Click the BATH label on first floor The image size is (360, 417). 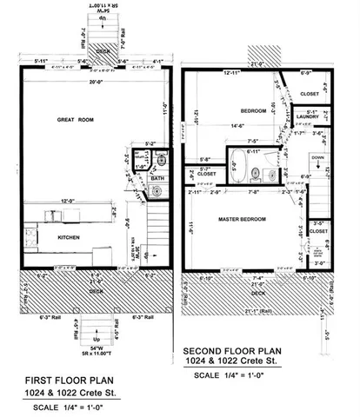click(x=157, y=177)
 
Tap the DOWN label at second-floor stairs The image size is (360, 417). click(x=316, y=157)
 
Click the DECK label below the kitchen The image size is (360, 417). click(x=87, y=294)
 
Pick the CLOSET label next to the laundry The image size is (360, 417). click(x=308, y=95)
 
